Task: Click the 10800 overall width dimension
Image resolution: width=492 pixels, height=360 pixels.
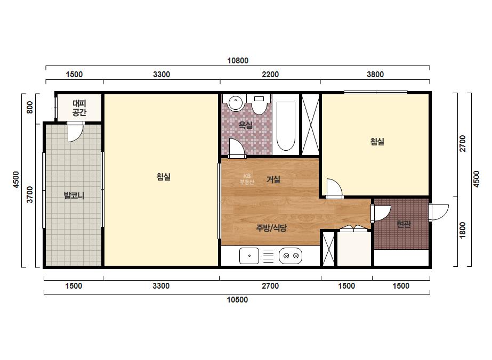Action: tap(238, 61)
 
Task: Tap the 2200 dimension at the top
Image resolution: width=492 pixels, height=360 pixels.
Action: tap(270, 75)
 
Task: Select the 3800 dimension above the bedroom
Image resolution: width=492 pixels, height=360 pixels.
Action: tap(375, 75)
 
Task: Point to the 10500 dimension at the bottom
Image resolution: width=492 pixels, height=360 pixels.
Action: tap(237, 300)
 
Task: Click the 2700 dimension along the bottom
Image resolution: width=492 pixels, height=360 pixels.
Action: tap(270, 286)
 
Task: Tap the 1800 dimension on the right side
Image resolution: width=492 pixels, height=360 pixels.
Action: tap(463, 230)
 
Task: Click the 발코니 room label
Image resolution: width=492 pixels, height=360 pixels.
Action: tap(74, 196)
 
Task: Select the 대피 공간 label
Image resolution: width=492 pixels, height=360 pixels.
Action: tap(79, 108)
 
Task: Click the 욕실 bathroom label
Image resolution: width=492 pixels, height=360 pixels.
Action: tap(245, 125)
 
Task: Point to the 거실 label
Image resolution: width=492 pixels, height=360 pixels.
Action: tap(273, 179)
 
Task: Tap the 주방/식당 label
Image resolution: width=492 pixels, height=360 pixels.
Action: tap(271, 228)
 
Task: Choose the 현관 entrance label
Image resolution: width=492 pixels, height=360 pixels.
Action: tap(404, 224)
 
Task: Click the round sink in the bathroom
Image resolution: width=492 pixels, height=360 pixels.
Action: tap(235, 103)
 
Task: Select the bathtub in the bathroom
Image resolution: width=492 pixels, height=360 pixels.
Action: tap(286, 126)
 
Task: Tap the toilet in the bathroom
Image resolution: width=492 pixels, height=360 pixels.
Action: tap(259, 104)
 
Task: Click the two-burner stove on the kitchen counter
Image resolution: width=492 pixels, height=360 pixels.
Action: tap(291, 256)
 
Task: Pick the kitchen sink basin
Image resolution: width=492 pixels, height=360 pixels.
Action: tap(249, 256)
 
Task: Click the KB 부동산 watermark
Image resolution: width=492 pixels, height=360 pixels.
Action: tap(247, 179)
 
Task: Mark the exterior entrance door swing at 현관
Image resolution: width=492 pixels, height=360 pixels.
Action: tap(439, 212)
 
